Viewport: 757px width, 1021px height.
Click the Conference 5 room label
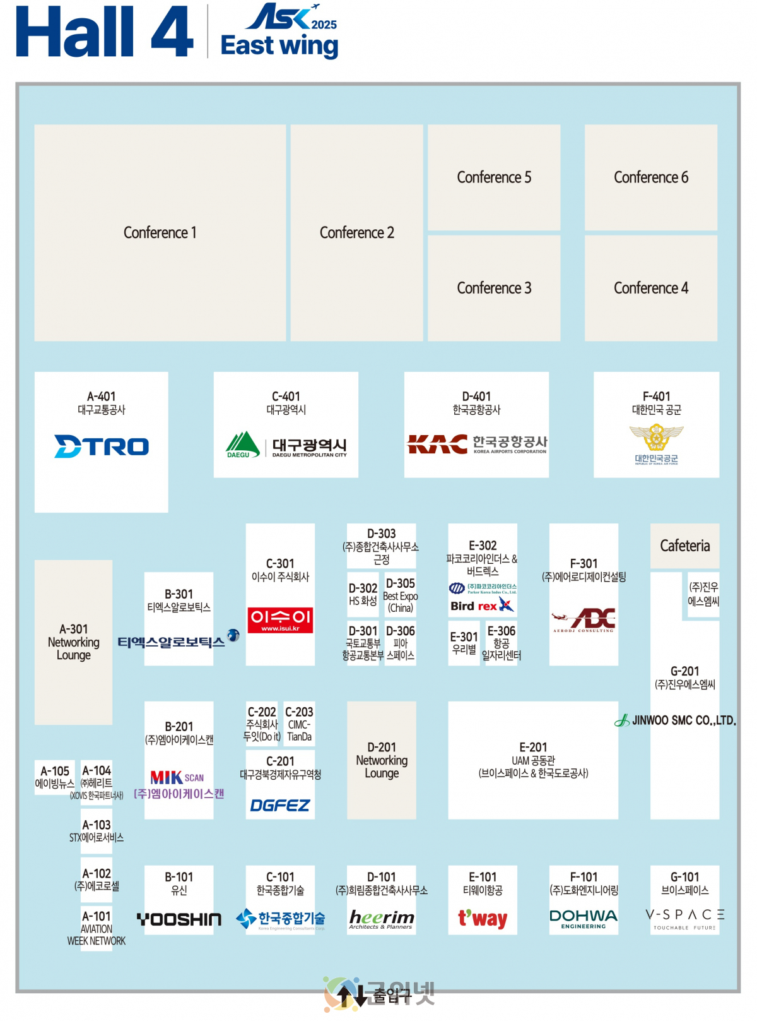coord(494,177)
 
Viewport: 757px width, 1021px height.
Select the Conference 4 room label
coord(650,288)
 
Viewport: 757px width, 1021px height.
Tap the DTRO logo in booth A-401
coord(102,446)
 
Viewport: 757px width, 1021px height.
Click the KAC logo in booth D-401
coord(437,444)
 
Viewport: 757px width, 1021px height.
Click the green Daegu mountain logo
coord(243,445)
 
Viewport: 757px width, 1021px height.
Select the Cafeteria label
coord(684,546)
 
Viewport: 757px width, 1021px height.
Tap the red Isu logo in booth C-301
coord(280,619)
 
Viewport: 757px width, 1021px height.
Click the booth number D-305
coord(400,583)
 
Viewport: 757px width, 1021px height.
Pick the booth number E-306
coord(502,631)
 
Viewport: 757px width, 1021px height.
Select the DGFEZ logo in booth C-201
coord(280,805)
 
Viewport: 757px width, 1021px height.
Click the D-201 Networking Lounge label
coord(382,760)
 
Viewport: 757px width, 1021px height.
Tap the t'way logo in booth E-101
coord(483,918)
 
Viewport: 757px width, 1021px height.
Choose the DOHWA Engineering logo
coord(584,918)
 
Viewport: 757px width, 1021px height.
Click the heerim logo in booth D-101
coord(382,919)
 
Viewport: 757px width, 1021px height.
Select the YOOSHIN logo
coord(179,919)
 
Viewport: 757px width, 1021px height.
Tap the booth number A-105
coord(55,771)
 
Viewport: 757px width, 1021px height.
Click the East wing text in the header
coord(279,46)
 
